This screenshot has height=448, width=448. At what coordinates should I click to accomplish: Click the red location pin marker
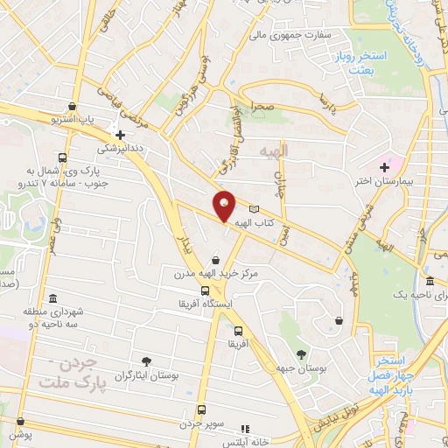coord(224,206)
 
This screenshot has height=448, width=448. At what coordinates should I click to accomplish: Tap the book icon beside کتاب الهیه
coord(255,209)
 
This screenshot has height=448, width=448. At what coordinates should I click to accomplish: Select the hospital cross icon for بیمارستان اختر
coord(384,166)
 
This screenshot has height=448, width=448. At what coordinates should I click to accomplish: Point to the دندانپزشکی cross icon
coord(120,135)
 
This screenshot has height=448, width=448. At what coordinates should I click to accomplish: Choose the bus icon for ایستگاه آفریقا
coord(205,291)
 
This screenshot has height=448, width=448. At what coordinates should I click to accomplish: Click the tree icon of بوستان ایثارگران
coord(146,360)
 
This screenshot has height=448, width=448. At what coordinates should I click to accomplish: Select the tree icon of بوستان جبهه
coord(302,354)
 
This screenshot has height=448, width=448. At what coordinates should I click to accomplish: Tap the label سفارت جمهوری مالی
coord(287,36)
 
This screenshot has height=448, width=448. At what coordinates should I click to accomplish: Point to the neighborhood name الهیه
coord(274,152)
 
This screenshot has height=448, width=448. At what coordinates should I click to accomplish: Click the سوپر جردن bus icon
coord(202,409)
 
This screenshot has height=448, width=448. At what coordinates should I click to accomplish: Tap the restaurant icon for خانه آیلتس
coord(246,430)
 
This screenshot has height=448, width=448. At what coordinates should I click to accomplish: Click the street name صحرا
coord(265,104)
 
